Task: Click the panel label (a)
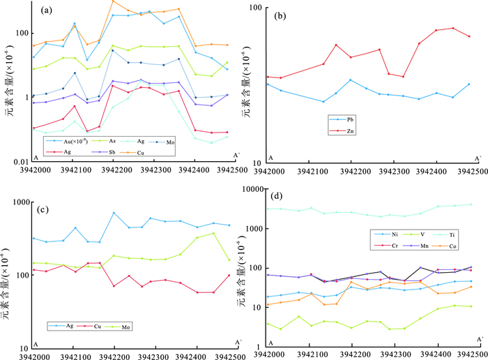(47, 10)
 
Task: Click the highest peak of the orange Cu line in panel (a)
(113, 1)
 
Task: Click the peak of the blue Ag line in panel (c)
(114, 213)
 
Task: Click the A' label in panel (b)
(478, 159)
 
